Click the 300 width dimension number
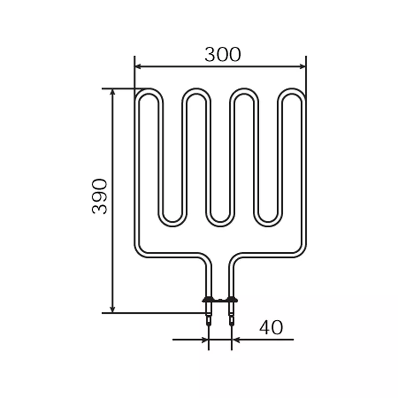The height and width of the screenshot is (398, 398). tap(222, 54)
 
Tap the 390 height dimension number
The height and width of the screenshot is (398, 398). tap(99, 197)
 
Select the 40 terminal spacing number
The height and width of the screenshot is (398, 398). tap(271, 327)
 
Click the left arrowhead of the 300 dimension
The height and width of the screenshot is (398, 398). tap(138, 67)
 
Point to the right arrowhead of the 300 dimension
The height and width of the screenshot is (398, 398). tap(302, 67)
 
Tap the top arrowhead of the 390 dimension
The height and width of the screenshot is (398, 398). tap(113, 92)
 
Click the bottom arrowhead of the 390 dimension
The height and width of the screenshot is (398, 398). tap(113, 309)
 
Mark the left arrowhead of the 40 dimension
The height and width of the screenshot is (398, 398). tap(205, 339)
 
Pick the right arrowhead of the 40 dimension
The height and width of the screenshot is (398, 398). tap(235, 339)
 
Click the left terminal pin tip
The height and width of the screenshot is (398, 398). tap(208, 325)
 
